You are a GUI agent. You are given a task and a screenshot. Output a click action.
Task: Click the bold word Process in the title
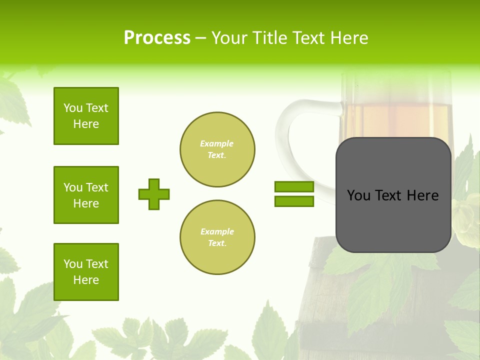[x=157, y=38]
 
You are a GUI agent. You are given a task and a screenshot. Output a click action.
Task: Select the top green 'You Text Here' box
[x=86, y=116]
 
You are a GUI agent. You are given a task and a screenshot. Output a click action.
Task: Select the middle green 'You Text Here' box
[x=86, y=195]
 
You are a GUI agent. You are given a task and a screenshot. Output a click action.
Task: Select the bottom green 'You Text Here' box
[x=86, y=271]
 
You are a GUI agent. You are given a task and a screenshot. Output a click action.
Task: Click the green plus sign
[x=154, y=194]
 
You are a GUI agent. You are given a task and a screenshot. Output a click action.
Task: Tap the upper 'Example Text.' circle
[x=217, y=149]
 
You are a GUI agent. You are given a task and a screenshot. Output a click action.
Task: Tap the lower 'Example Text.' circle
[x=217, y=237]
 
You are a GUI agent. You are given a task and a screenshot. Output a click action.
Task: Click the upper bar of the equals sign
[x=294, y=187]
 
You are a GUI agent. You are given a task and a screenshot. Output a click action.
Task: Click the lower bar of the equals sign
[x=294, y=201]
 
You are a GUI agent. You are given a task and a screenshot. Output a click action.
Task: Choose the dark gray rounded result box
[x=393, y=220]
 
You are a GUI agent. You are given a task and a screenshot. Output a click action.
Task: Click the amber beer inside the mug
[x=395, y=120]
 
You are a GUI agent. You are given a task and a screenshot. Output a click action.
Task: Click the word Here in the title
[x=349, y=38]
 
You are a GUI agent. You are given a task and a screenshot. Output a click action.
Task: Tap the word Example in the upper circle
[x=217, y=143]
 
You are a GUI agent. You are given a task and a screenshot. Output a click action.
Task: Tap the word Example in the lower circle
[x=217, y=231]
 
